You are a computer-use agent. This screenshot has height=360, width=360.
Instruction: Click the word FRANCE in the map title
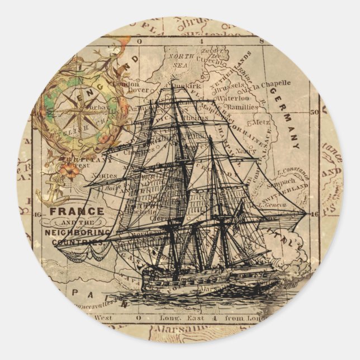click(76, 211)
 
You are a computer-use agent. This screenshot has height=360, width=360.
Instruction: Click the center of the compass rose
click(72, 111)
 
